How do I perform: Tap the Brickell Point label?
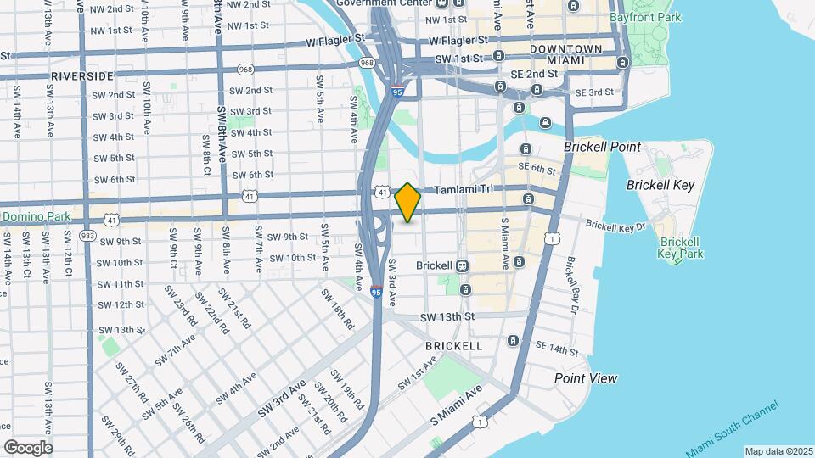tap(602, 147)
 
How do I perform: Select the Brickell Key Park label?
tap(681, 248)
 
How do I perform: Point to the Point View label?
tap(586, 378)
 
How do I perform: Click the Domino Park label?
tap(36, 217)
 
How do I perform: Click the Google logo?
tap(27, 447)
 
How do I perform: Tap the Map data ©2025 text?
tap(778, 451)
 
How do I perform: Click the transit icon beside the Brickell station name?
tap(463, 265)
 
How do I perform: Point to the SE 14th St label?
tap(558, 349)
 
